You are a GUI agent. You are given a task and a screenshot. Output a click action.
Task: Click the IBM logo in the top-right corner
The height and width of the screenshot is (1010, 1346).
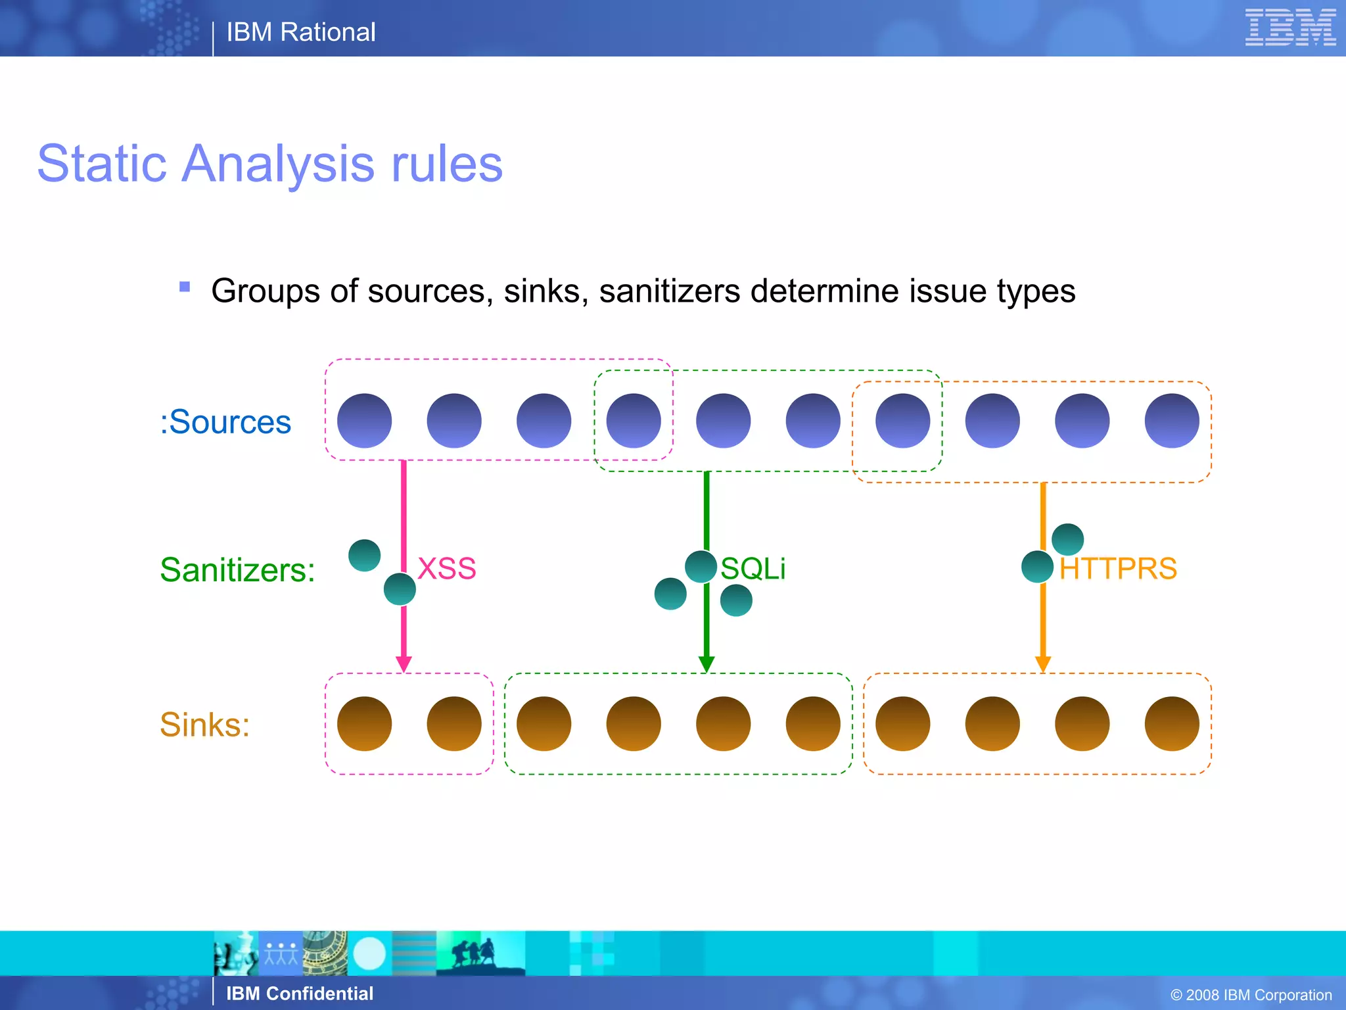[1289, 28]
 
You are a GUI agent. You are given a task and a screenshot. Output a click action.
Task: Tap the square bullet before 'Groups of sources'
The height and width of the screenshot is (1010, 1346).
[185, 287]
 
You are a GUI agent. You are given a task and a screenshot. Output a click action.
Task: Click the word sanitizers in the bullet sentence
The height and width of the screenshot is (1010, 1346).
[669, 291]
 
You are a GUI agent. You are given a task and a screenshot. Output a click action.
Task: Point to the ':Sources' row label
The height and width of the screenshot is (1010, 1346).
[225, 421]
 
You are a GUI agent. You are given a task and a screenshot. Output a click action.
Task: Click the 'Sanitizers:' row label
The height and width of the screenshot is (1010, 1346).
[237, 569]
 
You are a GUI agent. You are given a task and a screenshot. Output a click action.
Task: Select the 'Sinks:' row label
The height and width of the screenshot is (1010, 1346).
[204, 725]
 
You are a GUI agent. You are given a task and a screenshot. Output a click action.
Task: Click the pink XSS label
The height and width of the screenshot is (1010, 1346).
[446, 568]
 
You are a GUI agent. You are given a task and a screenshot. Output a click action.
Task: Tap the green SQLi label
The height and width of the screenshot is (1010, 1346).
[753, 568]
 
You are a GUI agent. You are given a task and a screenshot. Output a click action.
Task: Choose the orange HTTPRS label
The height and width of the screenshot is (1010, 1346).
[1117, 568]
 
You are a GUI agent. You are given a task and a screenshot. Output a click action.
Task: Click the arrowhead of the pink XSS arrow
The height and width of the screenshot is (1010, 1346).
[404, 663]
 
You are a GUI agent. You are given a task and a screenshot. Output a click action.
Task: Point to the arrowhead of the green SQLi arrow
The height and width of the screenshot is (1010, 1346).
[707, 663]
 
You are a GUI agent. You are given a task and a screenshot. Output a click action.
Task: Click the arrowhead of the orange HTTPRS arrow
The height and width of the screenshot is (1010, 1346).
[1043, 663]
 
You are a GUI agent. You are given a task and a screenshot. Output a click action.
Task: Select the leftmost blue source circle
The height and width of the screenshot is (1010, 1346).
[364, 421]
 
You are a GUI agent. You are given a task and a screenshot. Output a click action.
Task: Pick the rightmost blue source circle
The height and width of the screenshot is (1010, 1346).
[1171, 421]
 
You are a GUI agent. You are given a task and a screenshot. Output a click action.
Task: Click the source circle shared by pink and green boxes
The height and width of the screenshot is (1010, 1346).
[633, 421]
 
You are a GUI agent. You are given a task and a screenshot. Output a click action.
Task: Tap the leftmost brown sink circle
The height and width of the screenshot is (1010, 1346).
[364, 723]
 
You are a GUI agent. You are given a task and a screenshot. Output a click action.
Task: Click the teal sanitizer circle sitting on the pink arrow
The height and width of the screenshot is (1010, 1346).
[400, 589]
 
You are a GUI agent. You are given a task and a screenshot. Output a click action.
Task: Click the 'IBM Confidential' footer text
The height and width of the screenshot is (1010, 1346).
[299, 993]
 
